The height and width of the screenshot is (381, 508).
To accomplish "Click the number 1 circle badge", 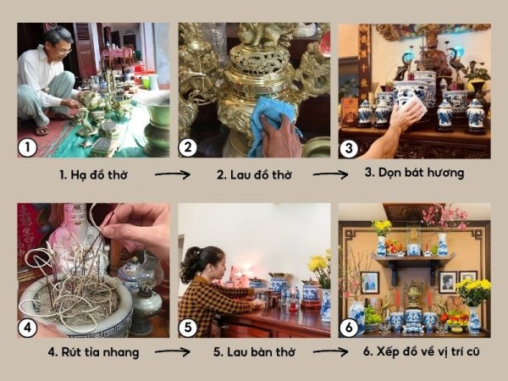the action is pos(27,147).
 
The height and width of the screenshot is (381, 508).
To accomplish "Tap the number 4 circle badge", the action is pos(27,328).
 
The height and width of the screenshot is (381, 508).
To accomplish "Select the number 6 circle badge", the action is pos(349,328).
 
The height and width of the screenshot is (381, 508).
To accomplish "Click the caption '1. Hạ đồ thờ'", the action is pos(93,175).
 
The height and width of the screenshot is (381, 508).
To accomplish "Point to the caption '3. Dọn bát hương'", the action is pos(414,173).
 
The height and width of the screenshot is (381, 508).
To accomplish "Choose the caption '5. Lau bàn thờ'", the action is pos(254,352).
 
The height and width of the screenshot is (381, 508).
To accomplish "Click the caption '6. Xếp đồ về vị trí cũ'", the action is pos(421,351).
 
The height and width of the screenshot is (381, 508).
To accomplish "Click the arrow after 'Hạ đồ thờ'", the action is pos(173,174).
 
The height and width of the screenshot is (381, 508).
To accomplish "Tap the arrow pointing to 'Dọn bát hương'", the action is pos(330,174).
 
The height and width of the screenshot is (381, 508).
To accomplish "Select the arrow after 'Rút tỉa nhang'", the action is pos(173,352).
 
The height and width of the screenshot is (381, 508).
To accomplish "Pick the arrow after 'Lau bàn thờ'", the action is pos(330,351).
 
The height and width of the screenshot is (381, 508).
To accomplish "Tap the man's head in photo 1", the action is pos(58,41).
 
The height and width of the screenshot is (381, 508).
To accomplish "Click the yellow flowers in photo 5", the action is pos(319,267).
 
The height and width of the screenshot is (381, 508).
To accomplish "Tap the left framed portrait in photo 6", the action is pos(370,283).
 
